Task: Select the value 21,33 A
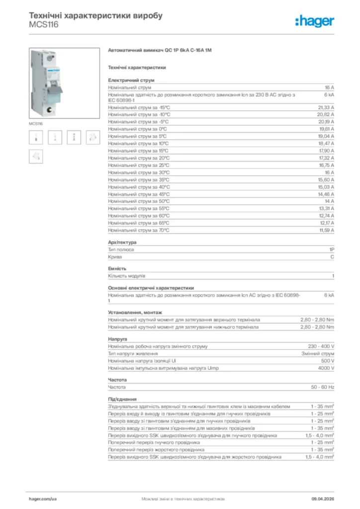click(326, 107)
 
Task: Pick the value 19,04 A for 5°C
click(326, 136)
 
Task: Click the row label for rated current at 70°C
click(139, 230)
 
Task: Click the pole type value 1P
click(331, 250)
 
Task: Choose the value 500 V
click(328, 361)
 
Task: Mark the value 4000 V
click(326, 368)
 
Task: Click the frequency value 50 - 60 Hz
click(323, 387)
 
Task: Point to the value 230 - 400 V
click(321, 346)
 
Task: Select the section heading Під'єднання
click(122, 399)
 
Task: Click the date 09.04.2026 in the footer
click(322, 498)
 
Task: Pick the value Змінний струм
click(318, 353)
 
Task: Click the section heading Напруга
click(117, 339)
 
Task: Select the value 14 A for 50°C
click(329, 201)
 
